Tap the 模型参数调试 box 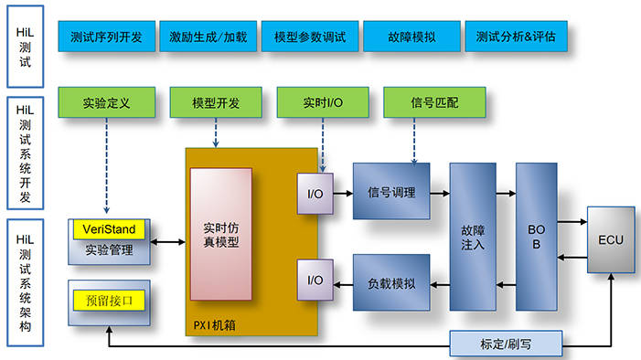tap(309, 37)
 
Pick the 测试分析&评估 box tap(515, 37)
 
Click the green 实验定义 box tap(106, 102)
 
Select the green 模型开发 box tap(216, 102)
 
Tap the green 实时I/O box tap(323, 102)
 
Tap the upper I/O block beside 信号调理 tap(315, 193)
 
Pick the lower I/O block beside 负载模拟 tap(315, 280)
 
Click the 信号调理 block tap(391, 192)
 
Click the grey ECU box tap(610, 240)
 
